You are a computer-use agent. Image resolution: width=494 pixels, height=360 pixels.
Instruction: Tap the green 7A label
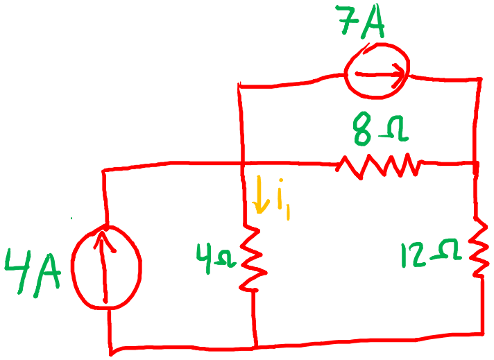[360, 22]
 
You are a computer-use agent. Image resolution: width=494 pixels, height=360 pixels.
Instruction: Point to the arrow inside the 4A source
[105, 267]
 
